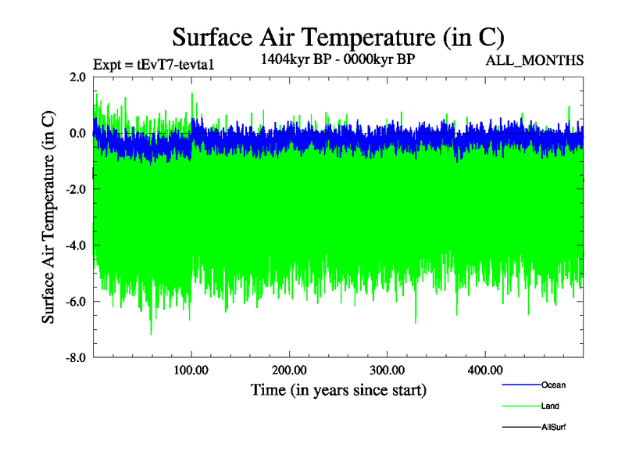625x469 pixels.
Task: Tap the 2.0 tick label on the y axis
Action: coord(77,77)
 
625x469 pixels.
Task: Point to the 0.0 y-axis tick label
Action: coord(77,133)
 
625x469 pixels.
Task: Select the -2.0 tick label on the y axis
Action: coord(75,189)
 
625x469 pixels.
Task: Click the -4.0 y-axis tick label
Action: coord(75,245)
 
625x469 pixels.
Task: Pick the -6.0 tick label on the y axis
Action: coord(75,302)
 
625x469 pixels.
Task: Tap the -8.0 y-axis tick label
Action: coord(75,358)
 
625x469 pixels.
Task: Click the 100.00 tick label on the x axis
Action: coord(191,370)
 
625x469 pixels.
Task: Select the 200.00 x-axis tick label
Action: coord(289,370)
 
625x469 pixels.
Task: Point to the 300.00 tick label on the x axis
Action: coord(387,370)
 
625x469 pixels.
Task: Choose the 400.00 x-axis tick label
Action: coord(484,370)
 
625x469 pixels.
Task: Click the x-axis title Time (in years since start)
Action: coord(338,389)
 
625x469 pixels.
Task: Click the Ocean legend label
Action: coord(553,385)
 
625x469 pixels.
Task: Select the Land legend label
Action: coord(550,406)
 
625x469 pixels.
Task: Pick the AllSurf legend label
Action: coord(554,428)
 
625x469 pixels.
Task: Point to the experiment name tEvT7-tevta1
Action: coord(176,65)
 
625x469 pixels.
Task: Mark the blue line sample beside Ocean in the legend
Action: coord(520,385)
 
